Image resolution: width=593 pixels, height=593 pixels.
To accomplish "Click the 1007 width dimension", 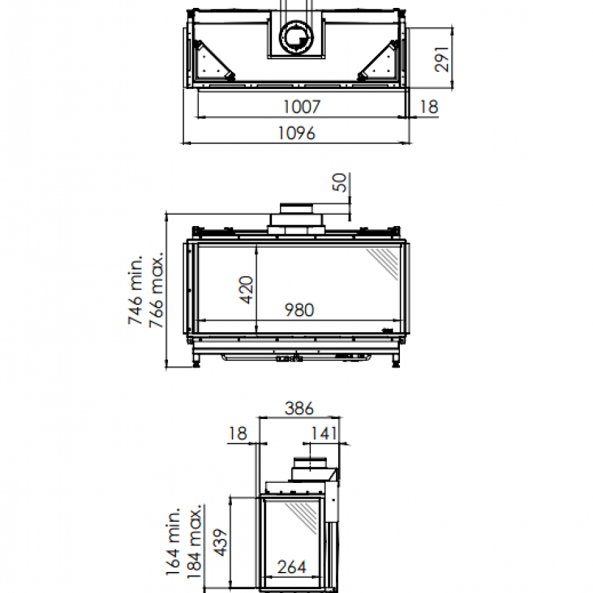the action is (302, 107).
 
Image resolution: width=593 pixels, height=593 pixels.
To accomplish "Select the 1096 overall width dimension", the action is (296, 133).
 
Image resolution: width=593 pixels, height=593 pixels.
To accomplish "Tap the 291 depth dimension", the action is (441, 59).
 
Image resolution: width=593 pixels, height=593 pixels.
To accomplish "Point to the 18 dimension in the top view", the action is (429, 107).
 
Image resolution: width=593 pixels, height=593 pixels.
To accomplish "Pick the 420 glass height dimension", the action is (246, 290).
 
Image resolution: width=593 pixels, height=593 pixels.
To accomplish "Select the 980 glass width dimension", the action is (299, 310).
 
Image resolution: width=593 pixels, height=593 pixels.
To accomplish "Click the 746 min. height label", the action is (135, 290).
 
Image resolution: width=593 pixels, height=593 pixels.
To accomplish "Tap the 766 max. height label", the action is (157, 290).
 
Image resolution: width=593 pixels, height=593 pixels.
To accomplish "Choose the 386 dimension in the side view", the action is (299, 409).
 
